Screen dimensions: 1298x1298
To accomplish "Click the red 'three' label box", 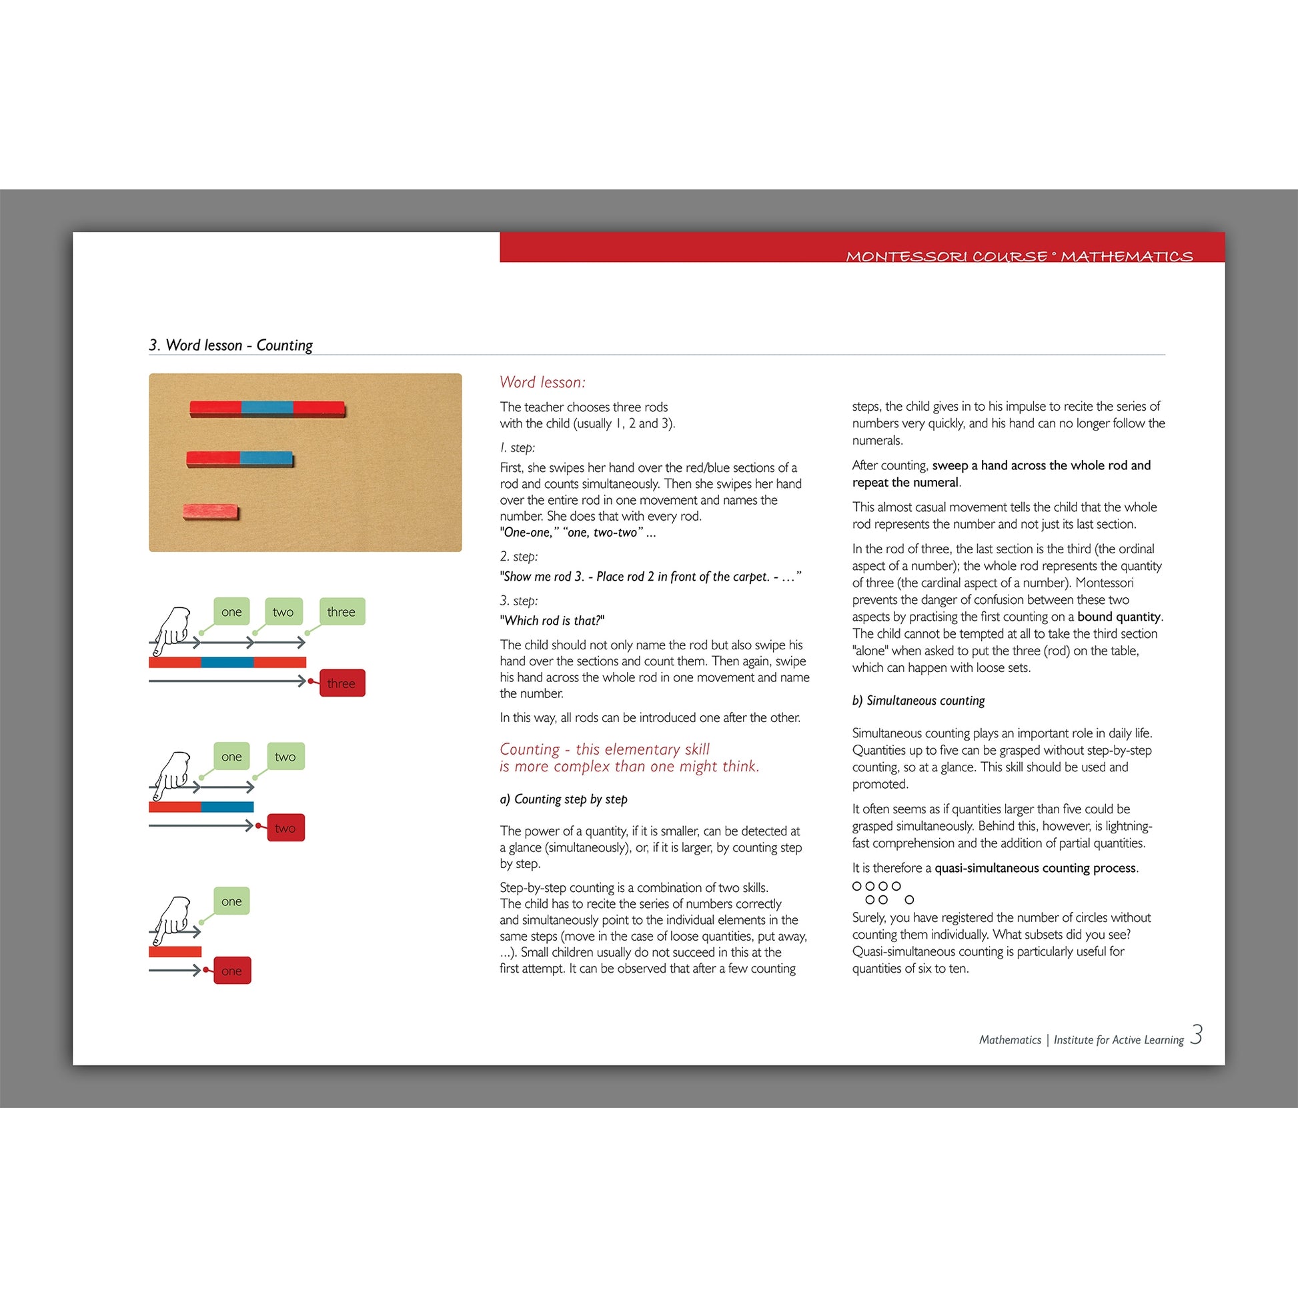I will [342, 683].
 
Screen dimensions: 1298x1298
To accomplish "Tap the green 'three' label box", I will [342, 611].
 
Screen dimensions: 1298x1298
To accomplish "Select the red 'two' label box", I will [285, 828].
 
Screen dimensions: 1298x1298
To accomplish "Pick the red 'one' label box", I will [232, 970].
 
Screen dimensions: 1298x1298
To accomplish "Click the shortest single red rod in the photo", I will [210, 512].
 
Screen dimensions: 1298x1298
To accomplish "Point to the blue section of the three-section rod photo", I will [267, 408].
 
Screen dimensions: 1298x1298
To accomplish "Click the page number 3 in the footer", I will [1196, 1035].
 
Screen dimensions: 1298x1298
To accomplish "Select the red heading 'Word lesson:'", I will [542, 382].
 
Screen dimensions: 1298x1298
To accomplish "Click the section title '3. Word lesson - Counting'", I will [231, 345].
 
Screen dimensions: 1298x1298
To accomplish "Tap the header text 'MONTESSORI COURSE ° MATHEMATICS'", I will [1019, 256].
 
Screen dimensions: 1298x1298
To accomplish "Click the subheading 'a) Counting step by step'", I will [564, 799].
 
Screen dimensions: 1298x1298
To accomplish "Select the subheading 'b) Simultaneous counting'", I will [918, 701].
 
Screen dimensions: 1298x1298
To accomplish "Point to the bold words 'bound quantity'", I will [1119, 617].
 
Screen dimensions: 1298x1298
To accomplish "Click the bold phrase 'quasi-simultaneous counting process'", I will [1035, 868].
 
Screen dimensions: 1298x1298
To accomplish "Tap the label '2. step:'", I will [518, 556].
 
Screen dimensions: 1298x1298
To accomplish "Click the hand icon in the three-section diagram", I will [172, 630].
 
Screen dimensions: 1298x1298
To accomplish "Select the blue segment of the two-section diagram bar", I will [227, 807].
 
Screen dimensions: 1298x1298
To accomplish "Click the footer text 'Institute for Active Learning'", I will [1119, 1040].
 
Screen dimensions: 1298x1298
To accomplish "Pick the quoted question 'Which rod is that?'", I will [552, 621].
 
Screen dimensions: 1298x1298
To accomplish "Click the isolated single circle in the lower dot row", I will [910, 899].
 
